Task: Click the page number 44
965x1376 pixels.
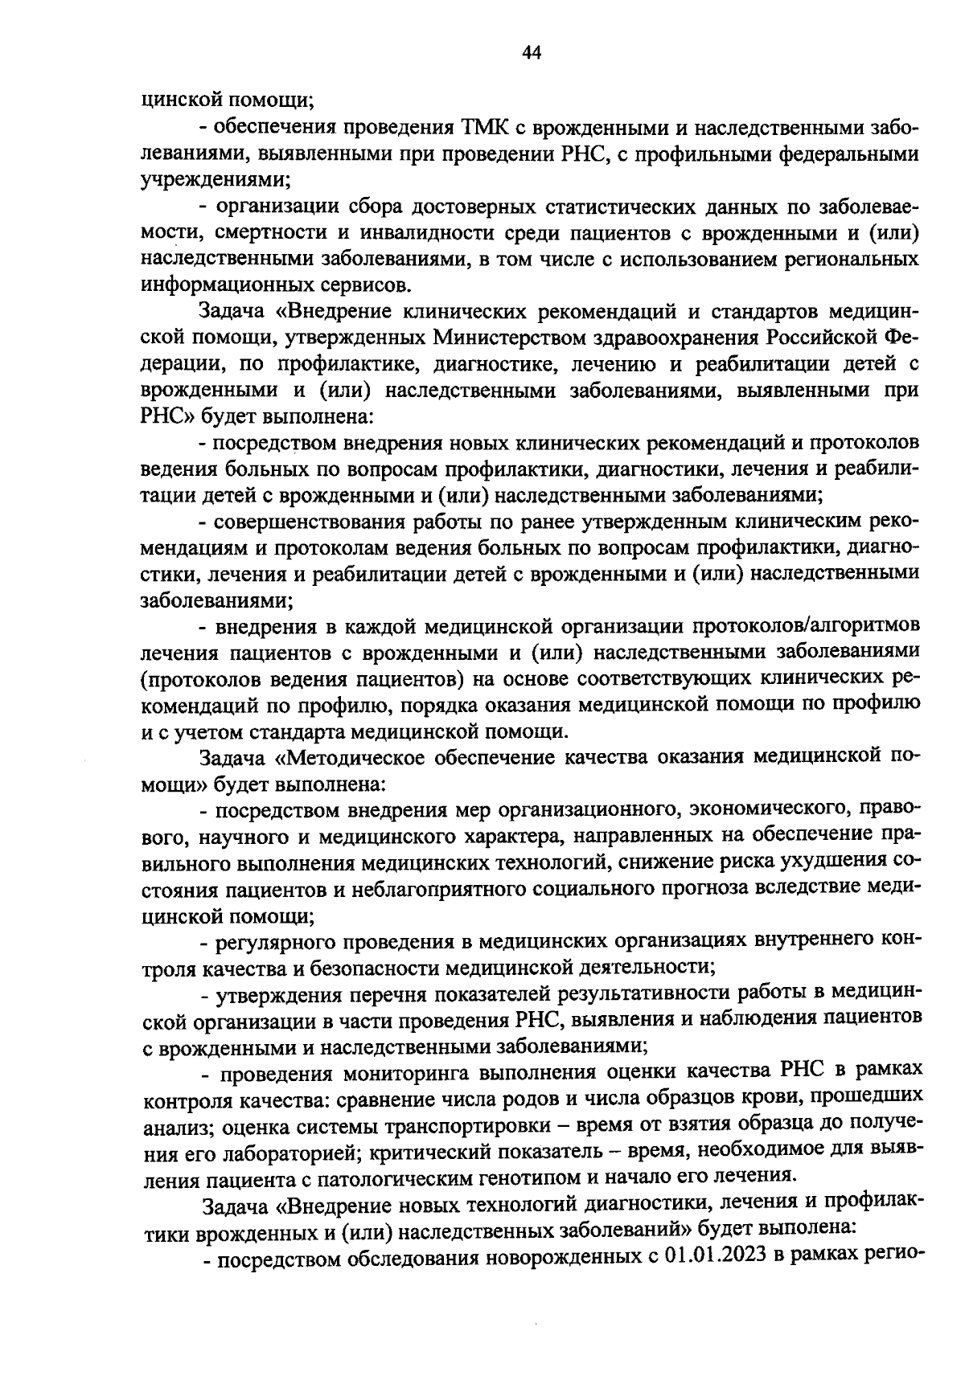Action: tap(532, 53)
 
